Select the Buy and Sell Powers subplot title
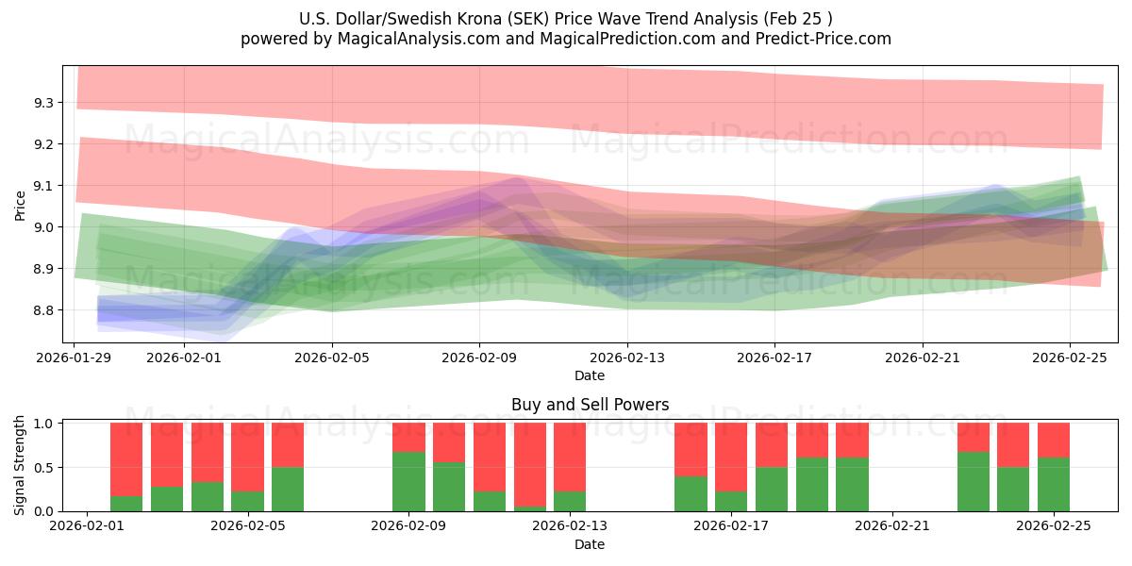tap(590, 405)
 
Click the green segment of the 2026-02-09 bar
tap(408, 481)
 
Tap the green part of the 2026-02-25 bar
tap(1054, 484)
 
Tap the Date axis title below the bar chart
tap(590, 544)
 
